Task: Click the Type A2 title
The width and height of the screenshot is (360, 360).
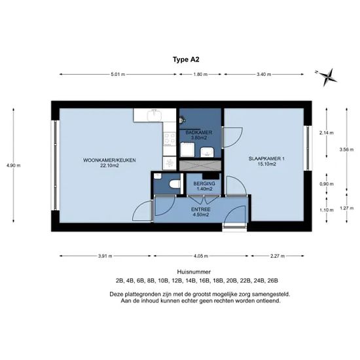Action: (186, 60)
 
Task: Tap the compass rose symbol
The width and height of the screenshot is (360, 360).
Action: (327, 77)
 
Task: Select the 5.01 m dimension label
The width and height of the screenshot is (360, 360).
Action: (118, 75)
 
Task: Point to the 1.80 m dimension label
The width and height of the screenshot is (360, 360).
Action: (200, 75)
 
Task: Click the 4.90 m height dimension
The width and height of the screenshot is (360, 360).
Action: (13, 166)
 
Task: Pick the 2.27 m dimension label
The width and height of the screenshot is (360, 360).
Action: (278, 256)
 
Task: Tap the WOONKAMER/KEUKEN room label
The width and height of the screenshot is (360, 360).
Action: (109, 160)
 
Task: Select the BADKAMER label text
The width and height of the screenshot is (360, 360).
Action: (199, 132)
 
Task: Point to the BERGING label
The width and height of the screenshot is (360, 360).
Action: (204, 184)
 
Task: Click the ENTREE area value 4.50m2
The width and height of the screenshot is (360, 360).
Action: (201, 215)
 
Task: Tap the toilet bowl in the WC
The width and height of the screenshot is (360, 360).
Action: (174, 184)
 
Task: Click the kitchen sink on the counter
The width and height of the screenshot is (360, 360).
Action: (154, 115)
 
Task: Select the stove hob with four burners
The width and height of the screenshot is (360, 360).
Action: (170, 139)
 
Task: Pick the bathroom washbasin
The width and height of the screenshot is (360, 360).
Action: (207, 153)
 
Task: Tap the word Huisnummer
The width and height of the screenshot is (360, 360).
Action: (194, 272)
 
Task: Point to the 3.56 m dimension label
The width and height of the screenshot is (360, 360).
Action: (346, 149)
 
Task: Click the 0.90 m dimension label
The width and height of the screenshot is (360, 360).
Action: (327, 184)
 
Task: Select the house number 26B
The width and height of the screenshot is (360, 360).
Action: (273, 281)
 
